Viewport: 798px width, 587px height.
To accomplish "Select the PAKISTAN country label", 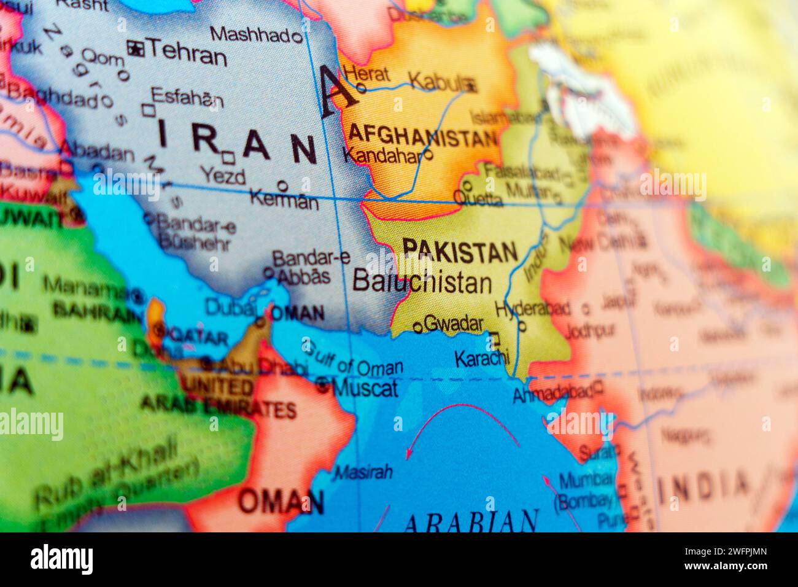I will pyautogui.click(x=460, y=251).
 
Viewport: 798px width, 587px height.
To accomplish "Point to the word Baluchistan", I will pyautogui.click(x=422, y=282).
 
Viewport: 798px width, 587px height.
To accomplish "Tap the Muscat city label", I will pyautogui.click(x=365, y=387).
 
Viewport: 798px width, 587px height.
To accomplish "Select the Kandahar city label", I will pyautogui.click(x=383, y=156).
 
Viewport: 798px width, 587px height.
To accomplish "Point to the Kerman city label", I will pyautogui.click(x=284, y=200).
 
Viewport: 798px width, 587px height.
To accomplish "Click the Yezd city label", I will pyautogui.click(x=223, y=177).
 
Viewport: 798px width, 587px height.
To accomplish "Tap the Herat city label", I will pyautogui.click(x=367, y=74).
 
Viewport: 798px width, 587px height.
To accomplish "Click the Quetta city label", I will pyautogui.click(x=478, y=199).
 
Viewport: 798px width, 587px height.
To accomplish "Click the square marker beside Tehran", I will pyautogui.click(x=134, y=48).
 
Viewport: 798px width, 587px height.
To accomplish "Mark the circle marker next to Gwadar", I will pyautogui.click(x=417, y=327).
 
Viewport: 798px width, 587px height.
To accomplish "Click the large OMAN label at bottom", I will pyautogui.click(x=281, y=502).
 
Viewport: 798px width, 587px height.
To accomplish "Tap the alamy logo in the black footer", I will pyautogui.click(x=61, y=559).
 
